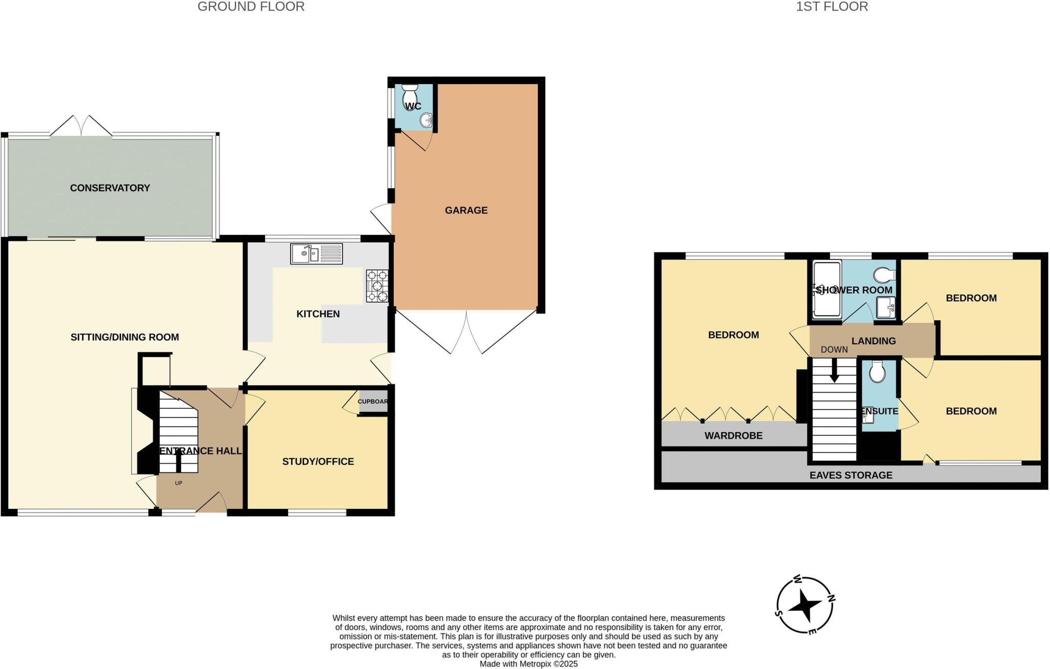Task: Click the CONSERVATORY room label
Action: pyautogui.click(x=110, y=188)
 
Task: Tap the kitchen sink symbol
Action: pyautogui.click(x=316, y=253)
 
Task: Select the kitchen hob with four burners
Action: pyautogui.click(x=377, y=286)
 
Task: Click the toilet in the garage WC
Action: pyautogui.click(x=410, y=95)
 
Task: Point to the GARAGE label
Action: pyautogui.click(x=466, y=210)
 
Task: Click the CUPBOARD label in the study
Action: pyautogui.click(x=373, y=402)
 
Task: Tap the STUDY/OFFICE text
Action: pyautogui.click(x=318, y=462)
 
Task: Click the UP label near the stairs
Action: pyautogui.click(x=178, y=483)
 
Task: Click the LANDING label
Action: pyautogui.click(x=874, y=341)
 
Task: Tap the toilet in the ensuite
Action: pyautogui.click(x=877, y=373)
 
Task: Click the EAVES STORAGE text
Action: pyautogui.click(x=851, y=476)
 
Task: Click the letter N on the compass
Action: pyautogui.click(x=832, y=598)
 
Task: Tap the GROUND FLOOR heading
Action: pyautogui.click(x=251, y=7)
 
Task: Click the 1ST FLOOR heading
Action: pyautogui.click(x=832, y=7)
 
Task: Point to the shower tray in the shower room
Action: pyautogui.click(x=826, y=289)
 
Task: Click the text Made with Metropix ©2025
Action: pyautogui.click(x=528, y=664)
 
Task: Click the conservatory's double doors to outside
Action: pyautogui.click(x=81, y=126)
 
